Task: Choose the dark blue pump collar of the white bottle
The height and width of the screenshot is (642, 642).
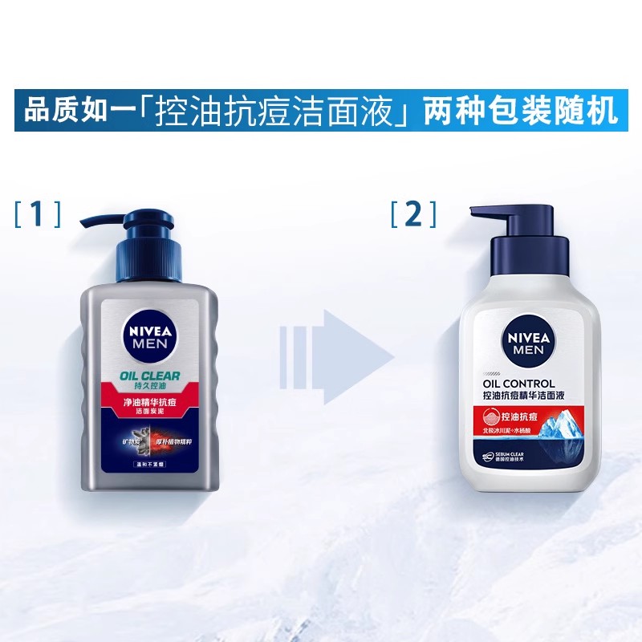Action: pyautogui.click(x=526, y=255)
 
